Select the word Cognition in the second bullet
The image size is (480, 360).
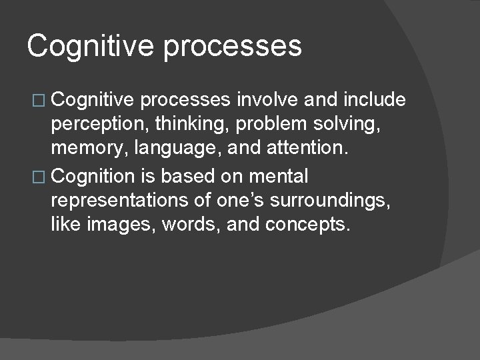[x=92, y=177]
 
